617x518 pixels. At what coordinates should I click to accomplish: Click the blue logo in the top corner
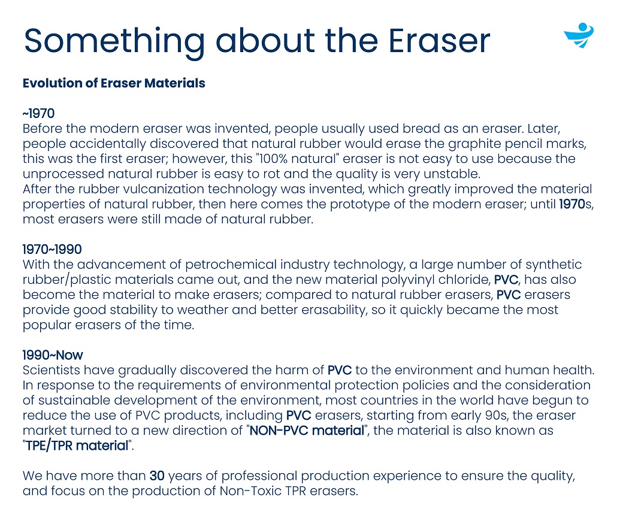click(579, 35)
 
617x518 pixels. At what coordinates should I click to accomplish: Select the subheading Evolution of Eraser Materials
click(114, 83)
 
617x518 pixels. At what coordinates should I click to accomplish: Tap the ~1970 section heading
click(38, 113)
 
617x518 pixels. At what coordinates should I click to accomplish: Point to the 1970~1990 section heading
click(52, 249)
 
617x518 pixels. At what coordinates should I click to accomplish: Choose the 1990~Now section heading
click(53, 355)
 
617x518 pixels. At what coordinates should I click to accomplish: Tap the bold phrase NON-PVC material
click(307, 431)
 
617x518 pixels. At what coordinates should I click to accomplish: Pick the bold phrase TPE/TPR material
click(77, 446)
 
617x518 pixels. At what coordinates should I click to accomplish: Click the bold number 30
click(157, 476)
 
